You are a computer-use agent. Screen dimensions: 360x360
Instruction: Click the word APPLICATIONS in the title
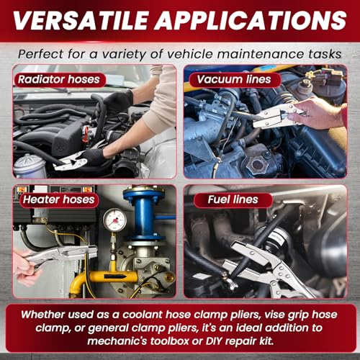point(251,20)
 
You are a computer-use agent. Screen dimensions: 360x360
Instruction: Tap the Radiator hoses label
point(59,79)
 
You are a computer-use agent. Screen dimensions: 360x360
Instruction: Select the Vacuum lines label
point(234,79)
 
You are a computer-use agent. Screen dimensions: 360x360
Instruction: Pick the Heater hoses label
point(59,199)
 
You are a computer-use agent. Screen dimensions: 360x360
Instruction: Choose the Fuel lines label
point(233,199)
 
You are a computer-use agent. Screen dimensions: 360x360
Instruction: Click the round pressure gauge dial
point(114,220)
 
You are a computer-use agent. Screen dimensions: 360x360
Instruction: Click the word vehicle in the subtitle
point(189,54)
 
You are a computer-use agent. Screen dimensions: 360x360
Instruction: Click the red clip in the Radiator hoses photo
point(86,135)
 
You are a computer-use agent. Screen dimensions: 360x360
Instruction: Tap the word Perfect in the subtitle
point(41,54)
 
